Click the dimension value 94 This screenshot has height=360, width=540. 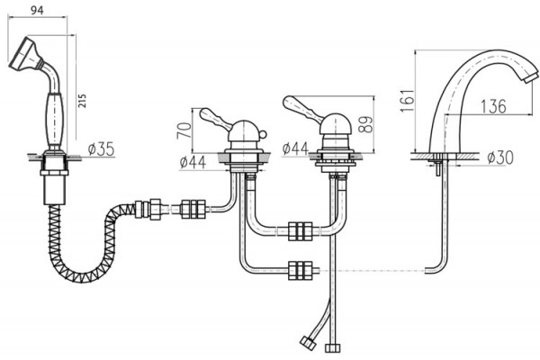[37, 10]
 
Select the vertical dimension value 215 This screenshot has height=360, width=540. [82, 101]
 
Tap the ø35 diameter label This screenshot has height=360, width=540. [101, 149]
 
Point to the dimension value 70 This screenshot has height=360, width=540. [184, 130]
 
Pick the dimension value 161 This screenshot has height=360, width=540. [407, 100]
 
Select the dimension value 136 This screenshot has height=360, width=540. [493, 106]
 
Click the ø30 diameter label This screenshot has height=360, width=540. [500, 157]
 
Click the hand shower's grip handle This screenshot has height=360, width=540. [55, 119]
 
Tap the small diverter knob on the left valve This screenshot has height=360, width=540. [262, 134]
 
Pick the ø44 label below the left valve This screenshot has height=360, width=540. [193, 162]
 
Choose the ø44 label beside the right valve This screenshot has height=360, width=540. [295, 148]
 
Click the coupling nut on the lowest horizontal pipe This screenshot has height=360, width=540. [301, 270]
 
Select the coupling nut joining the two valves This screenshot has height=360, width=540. [301, 231]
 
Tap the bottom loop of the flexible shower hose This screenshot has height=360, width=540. [83, 274]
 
